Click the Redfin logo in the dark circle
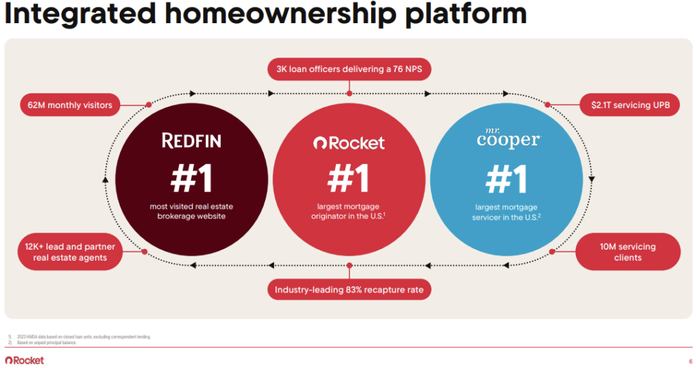[191, 141]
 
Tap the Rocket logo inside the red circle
[349, 143]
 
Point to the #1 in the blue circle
[506, 180]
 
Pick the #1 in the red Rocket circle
[349, 178]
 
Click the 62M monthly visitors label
[70, 105]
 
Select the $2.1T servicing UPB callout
[631, 105]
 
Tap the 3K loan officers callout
[349, 69]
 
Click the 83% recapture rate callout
[349, 290]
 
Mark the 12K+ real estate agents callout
[66, 252]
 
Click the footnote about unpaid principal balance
[51, 343]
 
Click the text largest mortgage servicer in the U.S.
[506, 212]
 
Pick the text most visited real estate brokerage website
[191, 211]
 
